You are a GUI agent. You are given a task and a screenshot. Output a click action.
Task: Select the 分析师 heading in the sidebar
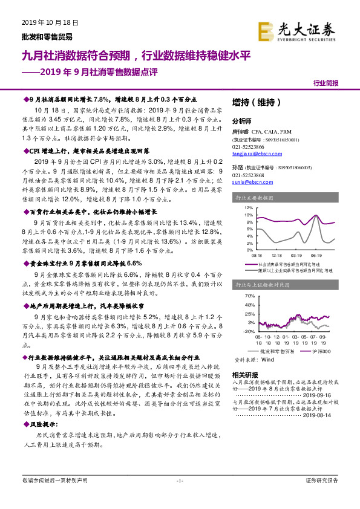click(241, 120)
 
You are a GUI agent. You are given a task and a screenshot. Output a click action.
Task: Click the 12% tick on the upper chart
click(249, 207)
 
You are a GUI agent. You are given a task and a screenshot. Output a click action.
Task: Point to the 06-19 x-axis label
click(315, 254)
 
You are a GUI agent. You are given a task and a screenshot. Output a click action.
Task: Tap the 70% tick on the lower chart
click(249, 296)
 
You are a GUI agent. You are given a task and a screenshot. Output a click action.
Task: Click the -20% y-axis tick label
click(248, 331)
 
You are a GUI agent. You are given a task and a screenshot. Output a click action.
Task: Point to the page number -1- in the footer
click(179, 481)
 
